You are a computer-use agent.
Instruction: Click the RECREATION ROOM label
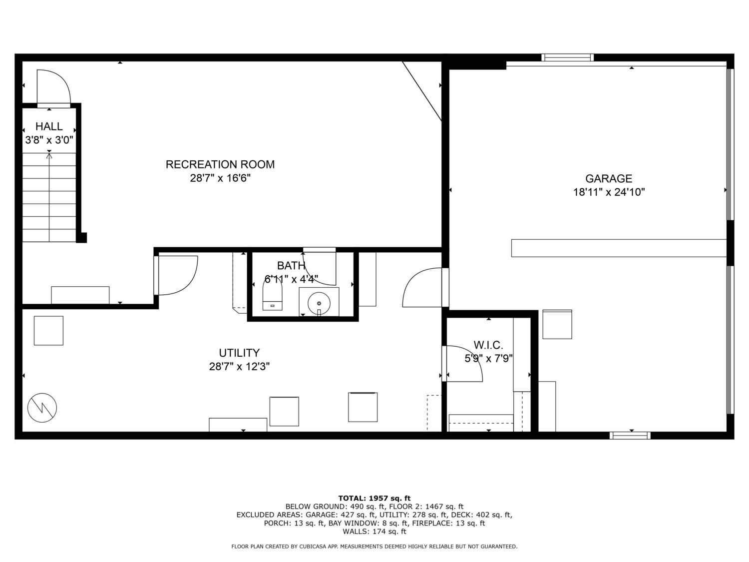point(220,164)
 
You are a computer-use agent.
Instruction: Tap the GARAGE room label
point(608,178)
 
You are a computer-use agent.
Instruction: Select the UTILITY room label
point(239,353)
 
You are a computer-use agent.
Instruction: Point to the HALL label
point(49,126)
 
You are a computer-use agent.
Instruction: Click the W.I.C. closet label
point(488,345)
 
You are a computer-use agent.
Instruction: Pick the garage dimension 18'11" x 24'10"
point(609,192)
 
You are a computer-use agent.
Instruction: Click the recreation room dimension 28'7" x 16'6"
point(220,178)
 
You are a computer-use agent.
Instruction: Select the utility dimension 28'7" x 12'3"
point(239,367)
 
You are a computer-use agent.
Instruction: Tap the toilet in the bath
point(272,297)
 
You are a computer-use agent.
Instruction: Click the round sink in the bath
point(319,303)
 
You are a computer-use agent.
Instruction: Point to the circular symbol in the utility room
point(42,408)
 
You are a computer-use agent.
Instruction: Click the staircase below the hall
point(49,197)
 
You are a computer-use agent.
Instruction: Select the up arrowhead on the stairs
point(49,156)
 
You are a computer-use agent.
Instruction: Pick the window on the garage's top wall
point(567,57)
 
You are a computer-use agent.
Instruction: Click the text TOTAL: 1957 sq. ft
point(374,498)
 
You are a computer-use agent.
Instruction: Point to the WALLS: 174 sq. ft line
point(374,532)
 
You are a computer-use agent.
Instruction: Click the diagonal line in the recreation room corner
point(422,91)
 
